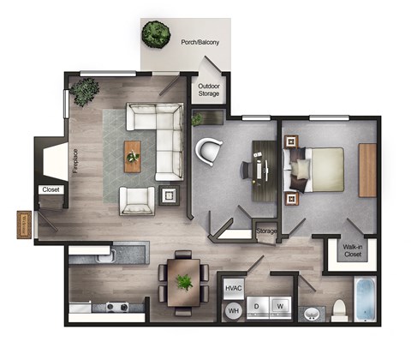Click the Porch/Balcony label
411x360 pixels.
tap(196, 41)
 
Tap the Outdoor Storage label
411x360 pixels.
tap(210, 90)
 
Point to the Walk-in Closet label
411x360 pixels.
tap(353, 250)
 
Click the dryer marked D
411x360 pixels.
tap(256, 305)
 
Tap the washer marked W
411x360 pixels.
tap(279, 305)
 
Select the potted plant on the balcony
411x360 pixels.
tap(155, 34)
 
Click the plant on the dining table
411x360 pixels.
tap(183, 281)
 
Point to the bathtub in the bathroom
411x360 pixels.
tap(366, 300)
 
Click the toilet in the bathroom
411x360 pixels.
tap(339, 309)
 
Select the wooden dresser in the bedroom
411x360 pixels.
tap(367, 169)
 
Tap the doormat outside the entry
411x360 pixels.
tap(24, 225)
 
